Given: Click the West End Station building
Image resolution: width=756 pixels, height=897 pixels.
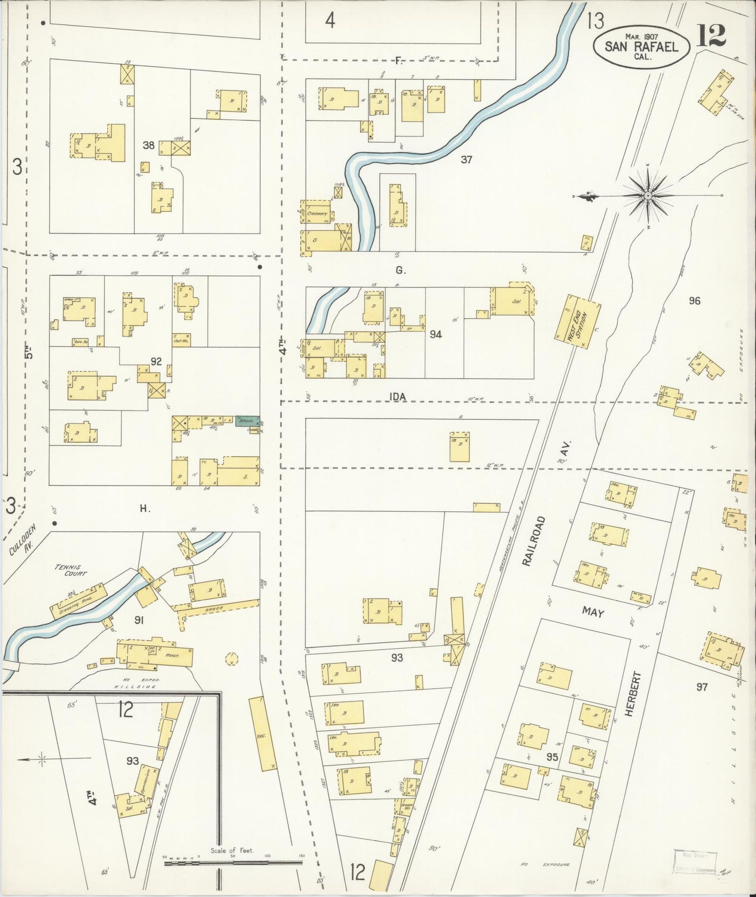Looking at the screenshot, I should tap(578, 321).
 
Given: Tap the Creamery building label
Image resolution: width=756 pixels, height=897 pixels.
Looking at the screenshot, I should tap(318, 214).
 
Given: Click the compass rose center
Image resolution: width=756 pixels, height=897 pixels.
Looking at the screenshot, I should tap(648, 196).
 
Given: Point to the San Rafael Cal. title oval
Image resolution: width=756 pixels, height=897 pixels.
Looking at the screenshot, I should tap(641, 46).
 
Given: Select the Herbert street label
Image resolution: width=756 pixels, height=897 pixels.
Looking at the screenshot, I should tap(629, 694).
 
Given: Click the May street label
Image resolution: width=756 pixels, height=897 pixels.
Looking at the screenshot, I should tap(593, 611).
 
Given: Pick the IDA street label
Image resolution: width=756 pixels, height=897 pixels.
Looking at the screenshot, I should tap(398, 397).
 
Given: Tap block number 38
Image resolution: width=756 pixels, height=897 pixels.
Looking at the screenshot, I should tap(149, 145).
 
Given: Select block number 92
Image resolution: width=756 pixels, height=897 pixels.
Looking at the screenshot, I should tap(155, 362).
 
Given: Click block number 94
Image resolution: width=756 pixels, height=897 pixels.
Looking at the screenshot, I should tap(435, 334).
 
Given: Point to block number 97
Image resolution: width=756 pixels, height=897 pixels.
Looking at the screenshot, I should tap(702, 687).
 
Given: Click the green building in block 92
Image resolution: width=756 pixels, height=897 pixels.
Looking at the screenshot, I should tap(247, 421).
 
